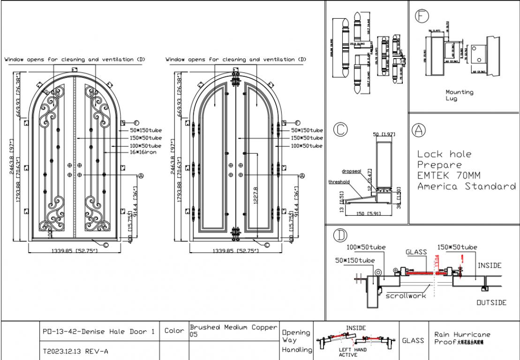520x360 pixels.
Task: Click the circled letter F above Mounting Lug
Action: [422, 16]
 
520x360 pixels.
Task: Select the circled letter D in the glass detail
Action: [339, 235]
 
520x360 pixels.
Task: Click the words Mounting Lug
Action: [460, 95]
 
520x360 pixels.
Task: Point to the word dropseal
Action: [351, 172]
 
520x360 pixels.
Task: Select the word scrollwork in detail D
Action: [406, 296]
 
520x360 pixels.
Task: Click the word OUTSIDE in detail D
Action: [491, 302]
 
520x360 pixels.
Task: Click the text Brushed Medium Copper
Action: [234, 327]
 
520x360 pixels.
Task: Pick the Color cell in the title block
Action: [174, 331]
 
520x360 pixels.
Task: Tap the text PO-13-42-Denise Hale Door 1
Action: [98, 331]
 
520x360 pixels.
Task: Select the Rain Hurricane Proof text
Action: [462, 337]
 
